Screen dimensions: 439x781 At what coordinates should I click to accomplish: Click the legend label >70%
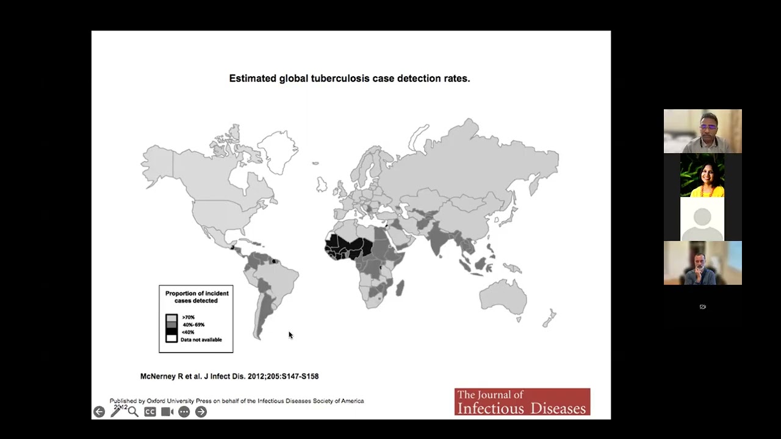(188, 318)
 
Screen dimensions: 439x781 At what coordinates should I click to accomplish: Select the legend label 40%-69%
(193, 325)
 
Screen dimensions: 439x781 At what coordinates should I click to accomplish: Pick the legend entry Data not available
(201, 340)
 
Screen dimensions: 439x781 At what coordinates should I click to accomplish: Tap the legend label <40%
(188, 332)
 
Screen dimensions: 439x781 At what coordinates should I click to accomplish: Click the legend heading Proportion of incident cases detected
(196, 297)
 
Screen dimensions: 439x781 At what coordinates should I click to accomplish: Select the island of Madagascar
(400, 287)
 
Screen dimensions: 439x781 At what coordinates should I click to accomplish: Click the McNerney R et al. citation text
(229, 376)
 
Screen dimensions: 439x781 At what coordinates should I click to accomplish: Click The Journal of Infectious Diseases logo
(522, 402)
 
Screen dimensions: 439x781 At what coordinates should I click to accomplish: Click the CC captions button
(150, 412)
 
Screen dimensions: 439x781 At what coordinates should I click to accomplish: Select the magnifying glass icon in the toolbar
(133, 412)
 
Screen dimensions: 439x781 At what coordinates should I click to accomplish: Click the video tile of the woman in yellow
(702, 175)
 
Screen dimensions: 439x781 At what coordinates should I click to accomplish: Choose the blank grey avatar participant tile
(702, 219)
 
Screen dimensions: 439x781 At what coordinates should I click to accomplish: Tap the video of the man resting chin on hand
(702, 263)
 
